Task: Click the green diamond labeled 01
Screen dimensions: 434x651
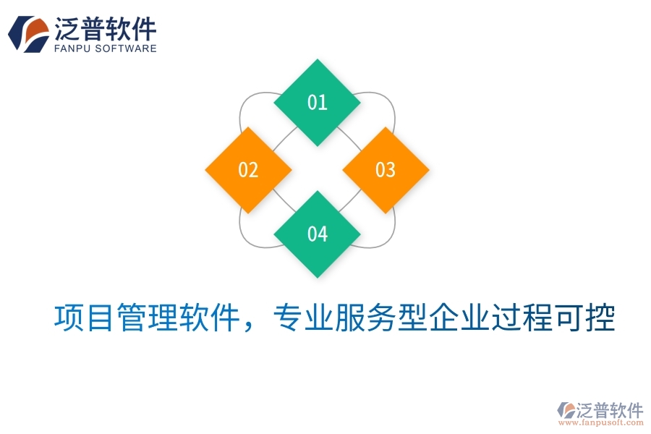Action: click(317, 102)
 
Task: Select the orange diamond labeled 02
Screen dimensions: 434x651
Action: click(248, 170)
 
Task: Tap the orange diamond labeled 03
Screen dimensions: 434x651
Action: click(385, 170)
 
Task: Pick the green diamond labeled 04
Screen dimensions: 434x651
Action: click(317, 234)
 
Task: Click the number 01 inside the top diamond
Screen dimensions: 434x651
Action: click(317, 102)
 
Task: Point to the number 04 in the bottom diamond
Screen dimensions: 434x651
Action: click(317, 234)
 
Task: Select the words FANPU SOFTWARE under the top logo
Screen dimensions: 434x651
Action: click(106, 48)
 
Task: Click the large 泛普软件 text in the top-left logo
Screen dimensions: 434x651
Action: click(106, 29)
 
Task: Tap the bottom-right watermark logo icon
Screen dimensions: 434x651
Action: click(566, 410)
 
